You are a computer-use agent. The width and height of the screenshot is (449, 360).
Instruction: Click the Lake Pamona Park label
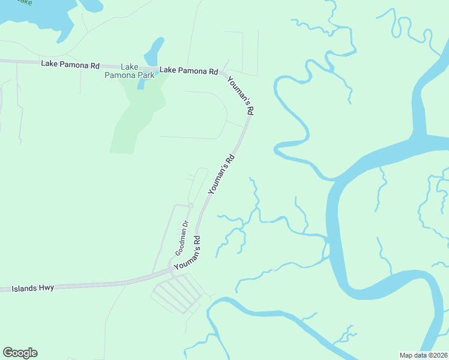click(x=129, y=71)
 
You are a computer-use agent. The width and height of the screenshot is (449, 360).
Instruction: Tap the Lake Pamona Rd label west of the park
click(x=70, y=64)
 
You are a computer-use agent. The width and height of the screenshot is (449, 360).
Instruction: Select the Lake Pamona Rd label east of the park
click(x=188, y=70)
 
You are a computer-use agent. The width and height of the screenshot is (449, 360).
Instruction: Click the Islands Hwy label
click(x=33, y=289)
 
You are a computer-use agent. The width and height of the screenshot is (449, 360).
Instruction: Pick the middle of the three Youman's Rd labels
click(x=221, y=175)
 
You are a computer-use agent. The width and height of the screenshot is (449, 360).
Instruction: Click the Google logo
click(x=20, y=353)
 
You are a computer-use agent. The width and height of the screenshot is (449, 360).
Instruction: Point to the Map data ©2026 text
click(x=424, y=355)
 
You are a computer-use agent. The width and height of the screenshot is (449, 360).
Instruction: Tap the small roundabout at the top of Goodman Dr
click(x=190, y=206)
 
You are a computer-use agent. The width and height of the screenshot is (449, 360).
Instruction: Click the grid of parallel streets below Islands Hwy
click(x=178, y=295)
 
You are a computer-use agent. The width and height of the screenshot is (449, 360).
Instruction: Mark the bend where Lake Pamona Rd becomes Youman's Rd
click(x=223, y=74)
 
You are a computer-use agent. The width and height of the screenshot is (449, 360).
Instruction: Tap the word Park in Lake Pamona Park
click(x=143, y=75)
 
